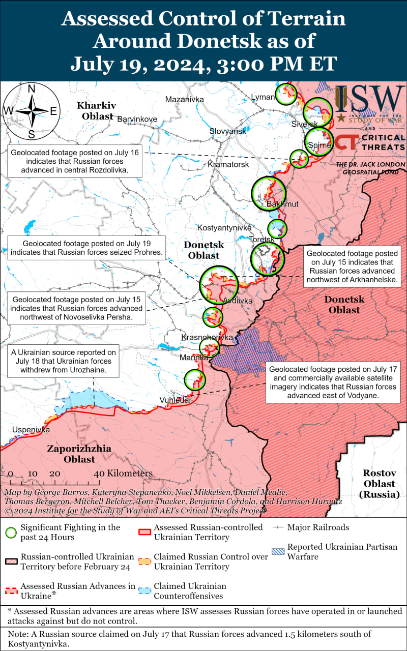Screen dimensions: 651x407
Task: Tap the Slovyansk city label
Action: pos(227,131)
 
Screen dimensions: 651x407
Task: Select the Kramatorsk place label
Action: pos(228,165)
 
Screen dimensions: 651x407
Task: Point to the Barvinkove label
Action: pos(137,119)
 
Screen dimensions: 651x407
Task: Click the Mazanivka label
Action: pos(184,99)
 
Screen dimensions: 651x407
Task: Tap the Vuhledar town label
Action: pos(176,400)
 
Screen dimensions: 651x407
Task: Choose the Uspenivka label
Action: pos(32,430)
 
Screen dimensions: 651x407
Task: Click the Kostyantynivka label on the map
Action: pos(224,228)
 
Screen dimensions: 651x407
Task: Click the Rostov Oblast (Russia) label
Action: pos(380,483)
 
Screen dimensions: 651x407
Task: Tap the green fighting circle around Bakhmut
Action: pos(269,193)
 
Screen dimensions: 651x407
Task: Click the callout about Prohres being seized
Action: pos(86,248)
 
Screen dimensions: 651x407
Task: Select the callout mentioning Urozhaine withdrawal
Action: pos(64,361)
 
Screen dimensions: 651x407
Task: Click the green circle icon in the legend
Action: pos(11,532)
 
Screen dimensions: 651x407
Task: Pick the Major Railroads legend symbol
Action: pos(278,527)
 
